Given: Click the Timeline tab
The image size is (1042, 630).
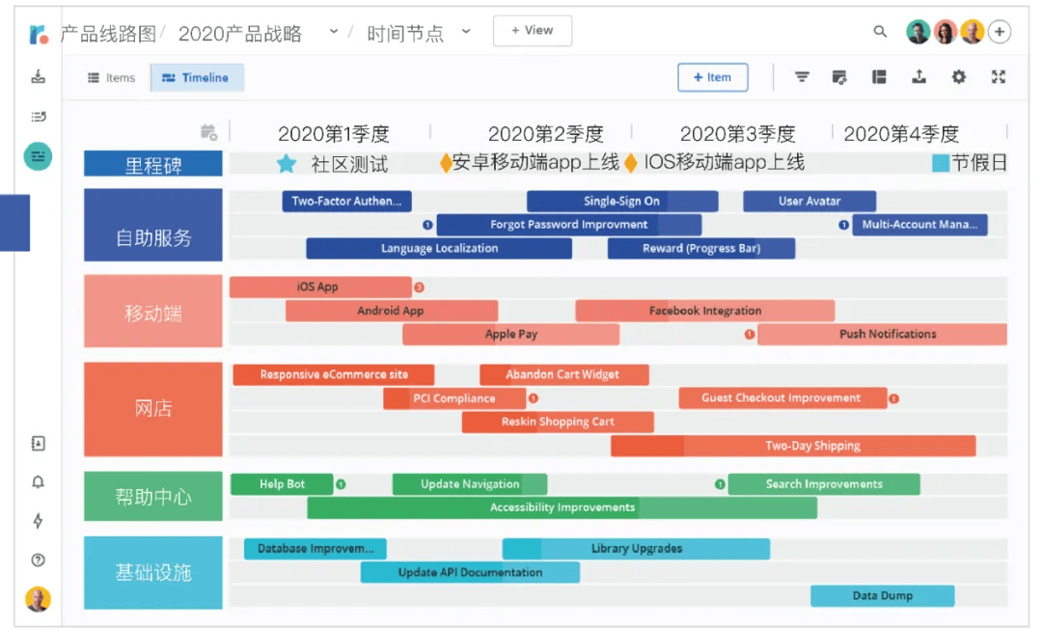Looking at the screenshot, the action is [x=197, y=78].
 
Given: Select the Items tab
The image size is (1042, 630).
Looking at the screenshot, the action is [x=112, y=78].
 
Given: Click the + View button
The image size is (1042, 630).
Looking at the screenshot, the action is [x=533, y=31].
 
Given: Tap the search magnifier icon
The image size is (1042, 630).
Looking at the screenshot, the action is [x=880, y=31].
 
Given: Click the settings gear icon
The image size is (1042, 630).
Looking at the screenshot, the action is [x=958, y=77].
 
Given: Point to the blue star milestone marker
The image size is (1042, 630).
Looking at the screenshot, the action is [x=287, y=163].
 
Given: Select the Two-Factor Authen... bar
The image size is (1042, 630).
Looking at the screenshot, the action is [x=347, y=202].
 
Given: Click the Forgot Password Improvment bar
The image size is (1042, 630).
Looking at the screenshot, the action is [x=569, y=225].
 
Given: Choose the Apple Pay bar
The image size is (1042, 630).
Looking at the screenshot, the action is [x=511, y=334].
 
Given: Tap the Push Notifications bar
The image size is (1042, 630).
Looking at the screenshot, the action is [x=883, y=334].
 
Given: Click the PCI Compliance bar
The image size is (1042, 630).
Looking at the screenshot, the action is [x=454, y=398].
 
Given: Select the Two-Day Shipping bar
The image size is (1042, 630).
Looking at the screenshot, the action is [x=793, y=446].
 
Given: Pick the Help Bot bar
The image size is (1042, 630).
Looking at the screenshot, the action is [x=282, y=484].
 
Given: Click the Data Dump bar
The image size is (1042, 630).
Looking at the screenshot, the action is [x=883, y=596].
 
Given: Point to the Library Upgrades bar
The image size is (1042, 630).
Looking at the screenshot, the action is [x=636, y=549].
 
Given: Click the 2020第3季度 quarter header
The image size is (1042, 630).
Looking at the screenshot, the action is [x=738, y=134].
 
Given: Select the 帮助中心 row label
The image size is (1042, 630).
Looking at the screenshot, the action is [x=152, y=497].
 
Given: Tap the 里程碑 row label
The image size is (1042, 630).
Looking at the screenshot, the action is [x=152, y=163].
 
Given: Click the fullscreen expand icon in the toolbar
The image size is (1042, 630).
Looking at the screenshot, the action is [x=999, y=77].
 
